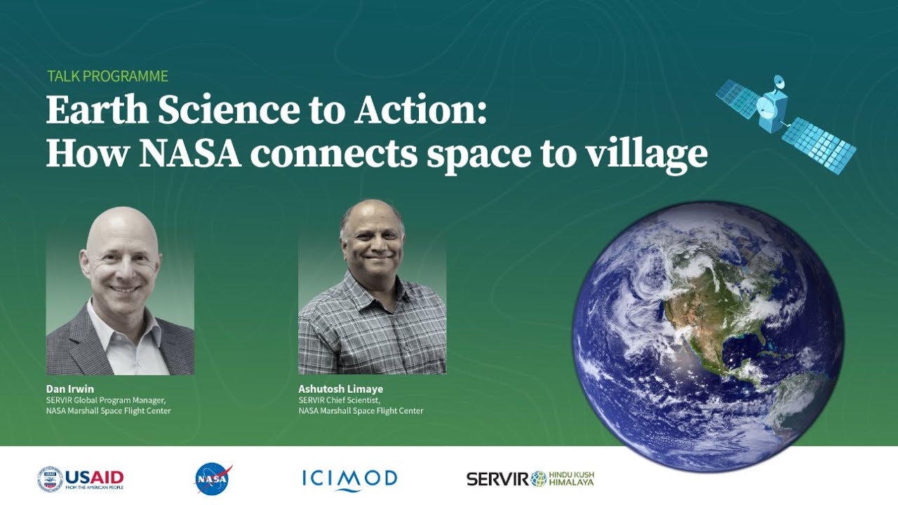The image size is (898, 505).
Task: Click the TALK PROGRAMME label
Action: (107, 76)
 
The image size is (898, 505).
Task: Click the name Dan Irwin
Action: (70, 389)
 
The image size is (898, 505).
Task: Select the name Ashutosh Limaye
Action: (340, 389)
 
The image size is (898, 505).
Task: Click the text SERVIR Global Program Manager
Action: (105, 400)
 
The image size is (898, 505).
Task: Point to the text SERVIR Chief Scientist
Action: (339, 400)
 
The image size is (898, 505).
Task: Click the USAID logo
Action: (81, 479)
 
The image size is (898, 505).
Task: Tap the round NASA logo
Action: (213, 478)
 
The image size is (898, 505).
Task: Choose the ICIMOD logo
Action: (349, 479)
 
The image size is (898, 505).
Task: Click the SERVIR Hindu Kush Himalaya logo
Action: (530, 479)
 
